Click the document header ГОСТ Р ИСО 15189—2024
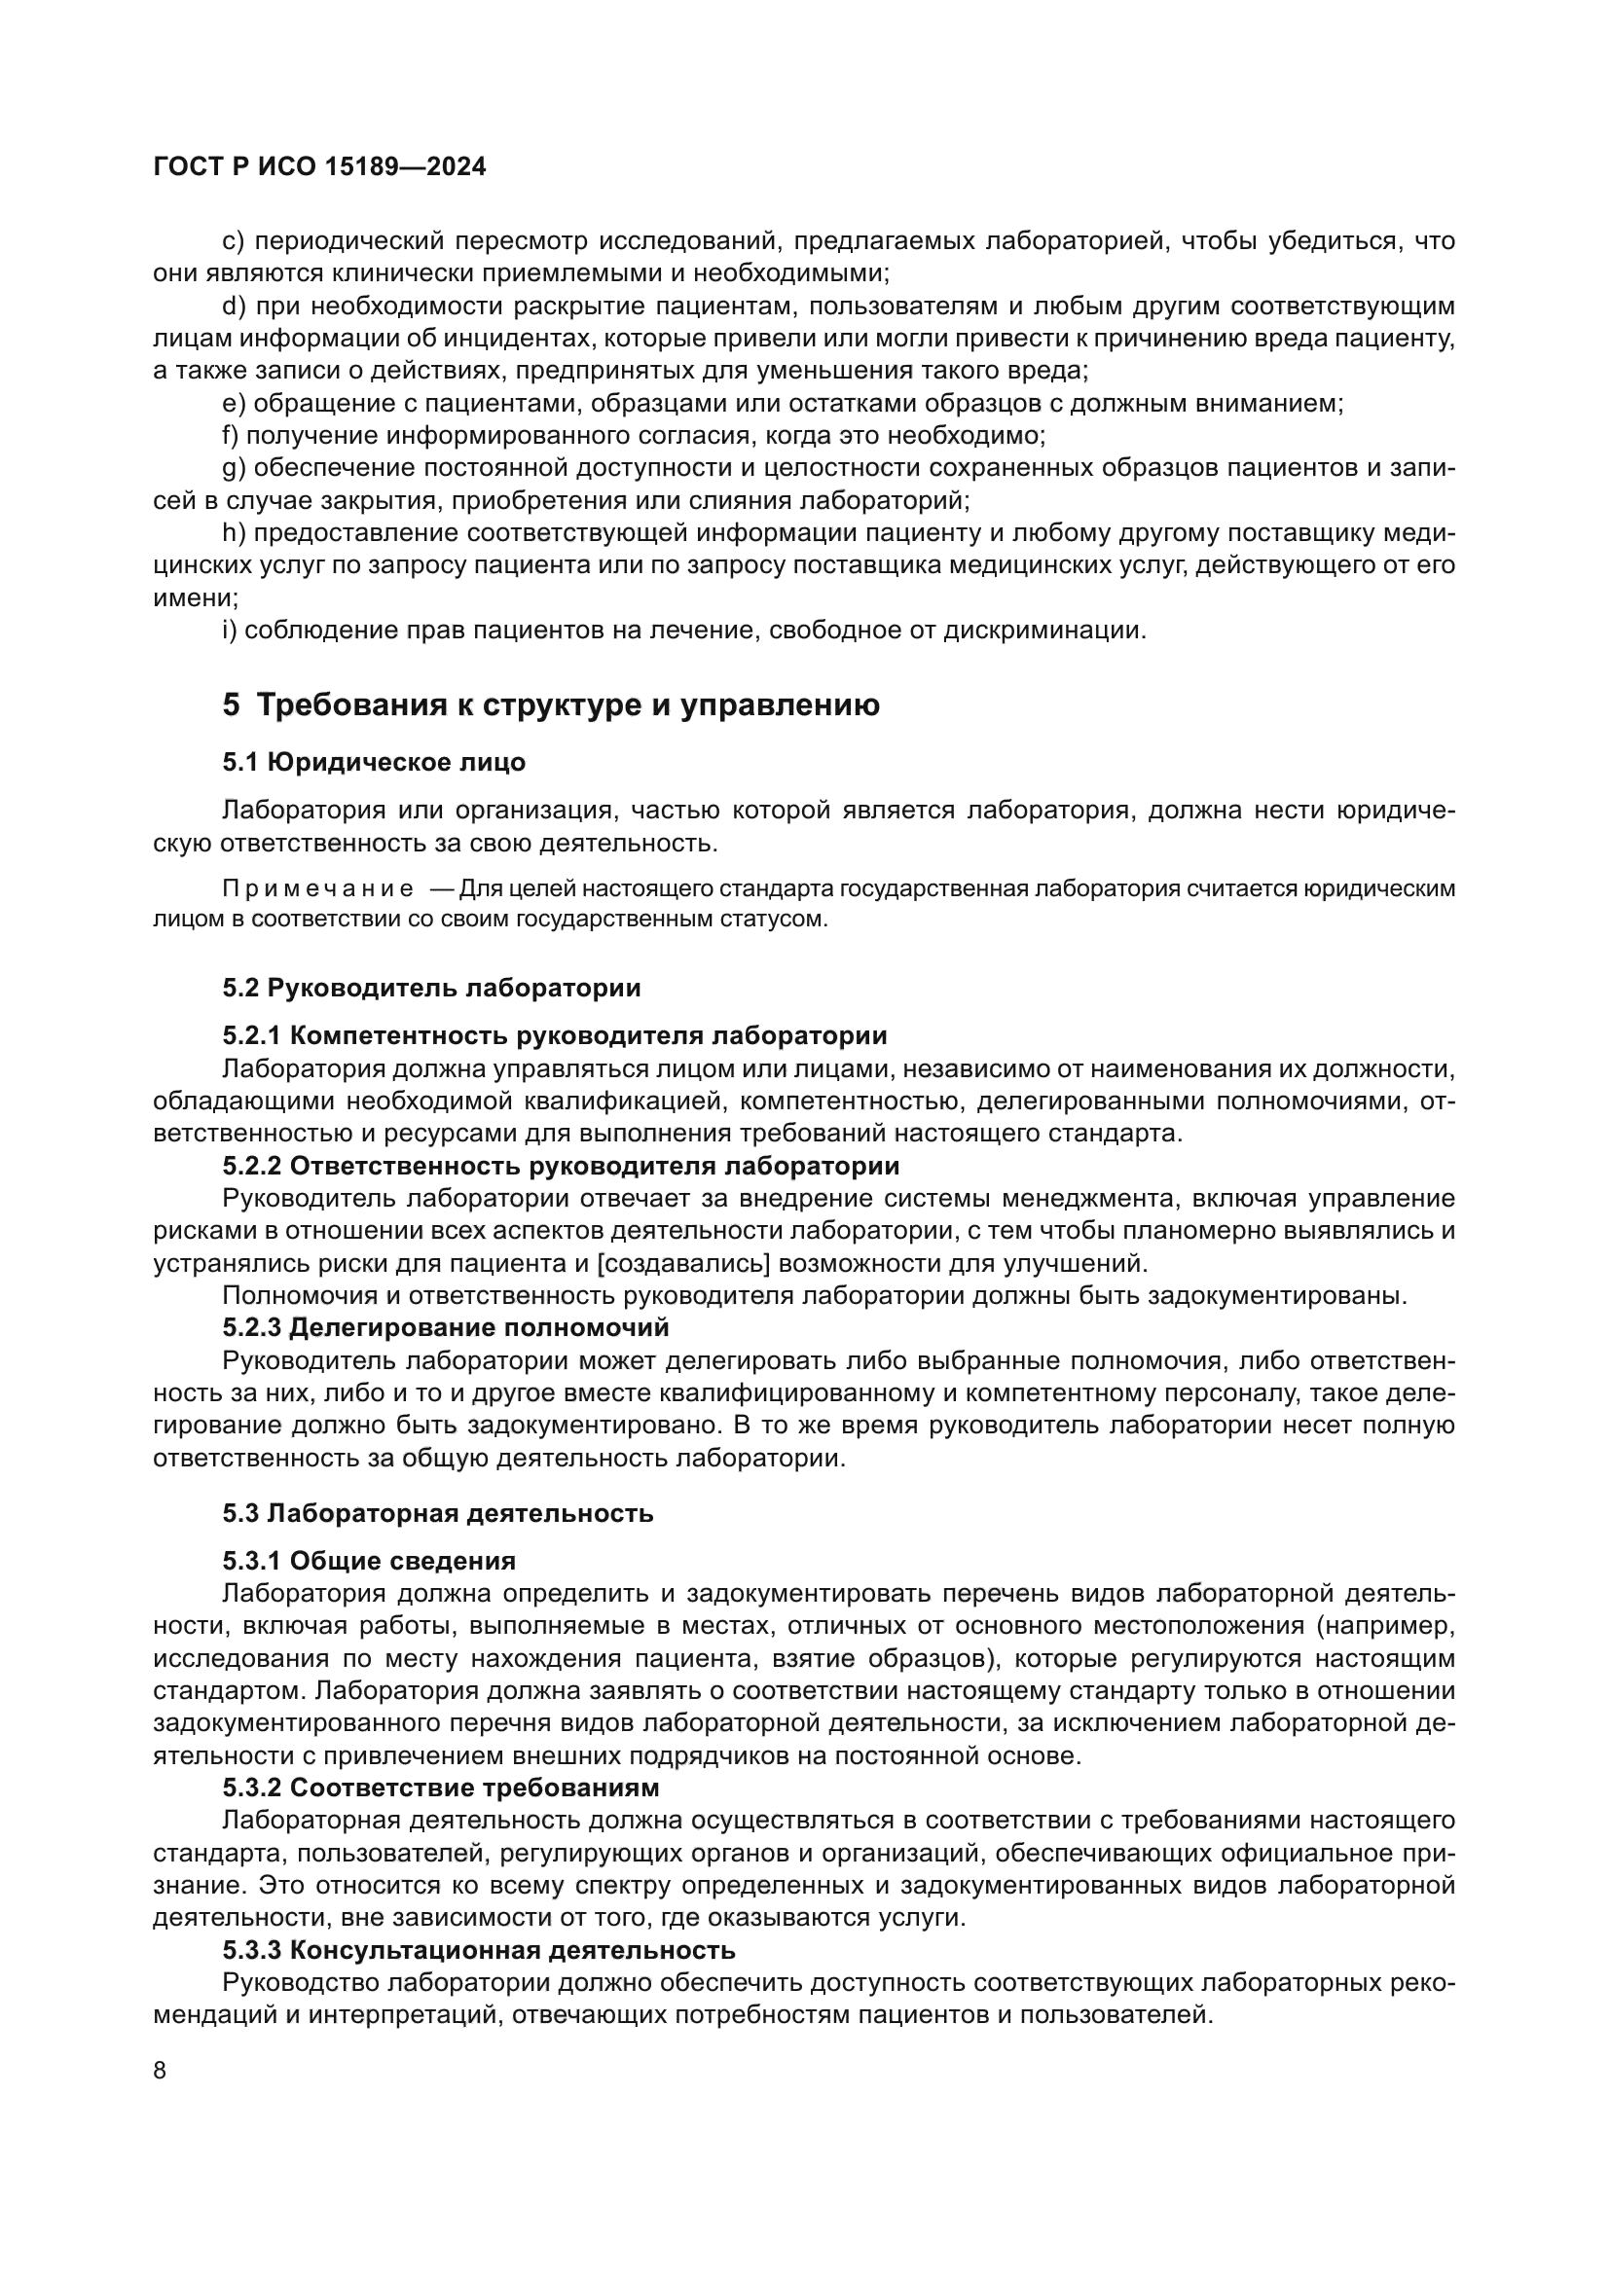[319, 166]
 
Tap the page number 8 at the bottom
[161, 2070]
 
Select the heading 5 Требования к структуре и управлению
[550, 704]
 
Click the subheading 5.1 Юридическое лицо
[374, 762]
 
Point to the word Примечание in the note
[317, 888]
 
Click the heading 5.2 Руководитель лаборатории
[431, 988]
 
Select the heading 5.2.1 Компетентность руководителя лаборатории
[554, 1036]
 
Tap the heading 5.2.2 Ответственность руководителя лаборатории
[560, 1166]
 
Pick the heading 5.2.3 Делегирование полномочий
[445, 1327]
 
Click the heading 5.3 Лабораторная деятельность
[437, 1514]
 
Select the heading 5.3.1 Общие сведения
[369, 1561]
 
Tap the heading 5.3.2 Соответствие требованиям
[440, 1788]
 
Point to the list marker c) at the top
[233, 241]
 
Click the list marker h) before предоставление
[234, 533]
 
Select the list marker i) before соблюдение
[230, 631]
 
